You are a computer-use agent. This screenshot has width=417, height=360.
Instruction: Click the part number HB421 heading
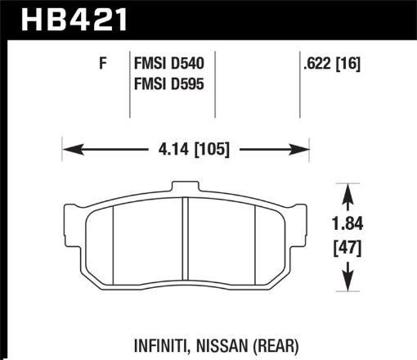tap(66, 18)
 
